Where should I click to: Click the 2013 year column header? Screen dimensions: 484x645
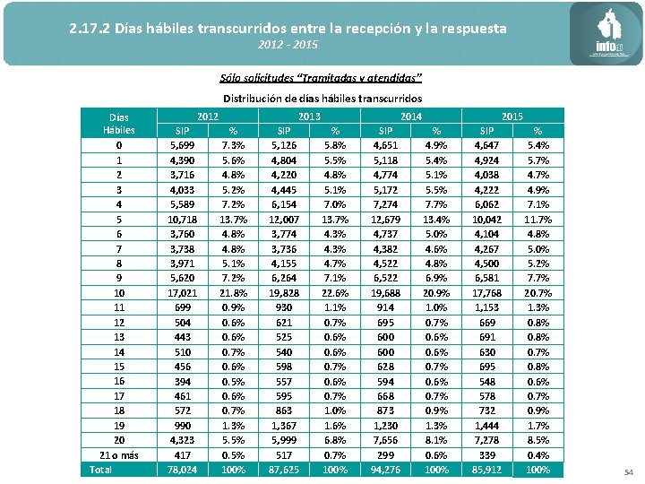(309, 116)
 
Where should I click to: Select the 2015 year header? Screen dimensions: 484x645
(512, 116)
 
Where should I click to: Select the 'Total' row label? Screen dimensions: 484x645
(101, 469)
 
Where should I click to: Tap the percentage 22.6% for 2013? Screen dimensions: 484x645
(334, 293)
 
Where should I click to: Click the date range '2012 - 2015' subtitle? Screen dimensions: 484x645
(287, 45)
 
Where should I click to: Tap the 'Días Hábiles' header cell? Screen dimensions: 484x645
(119, 123)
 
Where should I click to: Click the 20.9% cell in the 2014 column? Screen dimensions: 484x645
(436, 293)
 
